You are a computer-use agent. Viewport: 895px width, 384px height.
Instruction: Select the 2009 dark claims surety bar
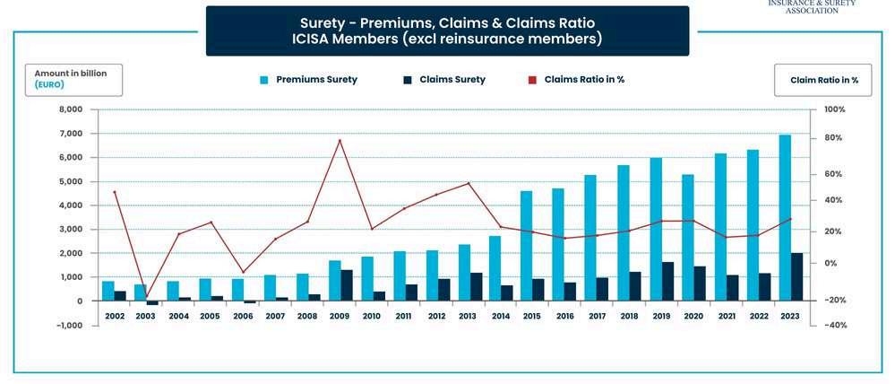pos(346,284)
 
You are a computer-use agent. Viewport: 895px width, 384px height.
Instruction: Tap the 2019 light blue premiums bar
pos(656,229)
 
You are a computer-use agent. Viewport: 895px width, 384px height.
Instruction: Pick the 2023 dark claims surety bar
pos(796,276)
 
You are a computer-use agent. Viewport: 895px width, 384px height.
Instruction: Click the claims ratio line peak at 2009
pos(340,140)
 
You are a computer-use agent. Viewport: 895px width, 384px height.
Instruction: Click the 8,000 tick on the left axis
pos(69,109)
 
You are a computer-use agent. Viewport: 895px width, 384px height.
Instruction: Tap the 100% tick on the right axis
pos(834,109)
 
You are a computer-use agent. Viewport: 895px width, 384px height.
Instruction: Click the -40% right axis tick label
pos(834,325)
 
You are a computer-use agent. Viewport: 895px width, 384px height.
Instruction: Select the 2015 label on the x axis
pos(532,316)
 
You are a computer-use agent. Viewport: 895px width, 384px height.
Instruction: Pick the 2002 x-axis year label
pos(114,316)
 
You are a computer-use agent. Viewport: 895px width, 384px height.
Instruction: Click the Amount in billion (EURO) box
pos(74,79)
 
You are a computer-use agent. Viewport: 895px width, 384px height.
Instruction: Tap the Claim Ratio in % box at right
pos(823,80)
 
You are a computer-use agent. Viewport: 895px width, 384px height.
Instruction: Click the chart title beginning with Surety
pos(447,31)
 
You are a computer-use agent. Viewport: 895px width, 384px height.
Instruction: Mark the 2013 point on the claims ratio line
pos(469,183)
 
